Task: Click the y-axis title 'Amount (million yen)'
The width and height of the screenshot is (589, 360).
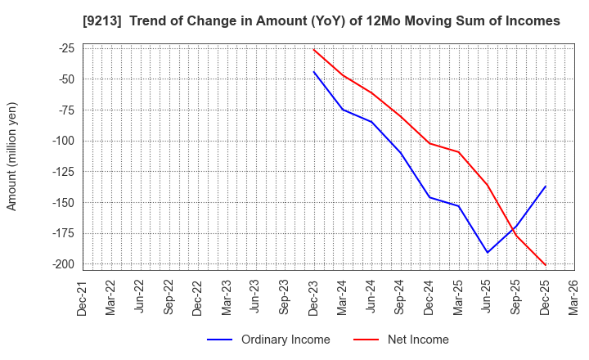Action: (12, 156)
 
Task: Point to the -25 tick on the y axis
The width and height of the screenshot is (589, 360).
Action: (64, 48)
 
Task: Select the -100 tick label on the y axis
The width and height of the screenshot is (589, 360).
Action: (61, 141)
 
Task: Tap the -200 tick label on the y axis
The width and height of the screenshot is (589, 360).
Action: (61, 264)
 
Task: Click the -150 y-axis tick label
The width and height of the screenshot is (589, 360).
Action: (61, 202)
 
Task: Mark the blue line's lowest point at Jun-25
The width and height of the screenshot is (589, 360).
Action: (488, 253)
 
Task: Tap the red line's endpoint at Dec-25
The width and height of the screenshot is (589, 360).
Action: (546, 265)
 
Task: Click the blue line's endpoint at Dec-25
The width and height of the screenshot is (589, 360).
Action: (546, 186)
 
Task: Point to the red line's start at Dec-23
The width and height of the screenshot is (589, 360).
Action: (314, 50)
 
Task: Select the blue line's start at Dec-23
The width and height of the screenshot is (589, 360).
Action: (314, 72)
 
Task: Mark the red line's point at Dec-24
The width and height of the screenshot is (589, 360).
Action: (429, 143)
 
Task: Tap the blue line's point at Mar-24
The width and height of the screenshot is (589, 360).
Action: (343, 110)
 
